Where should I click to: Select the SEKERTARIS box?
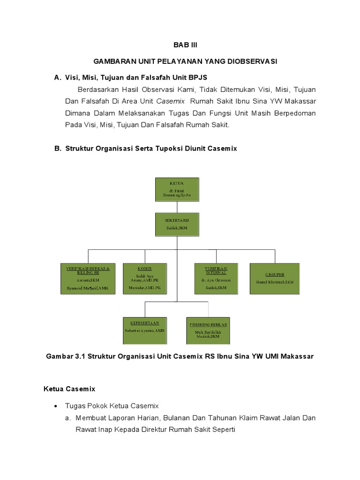coord(176,224)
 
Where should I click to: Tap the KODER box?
coord(145,278)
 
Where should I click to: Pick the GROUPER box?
coord(275,278)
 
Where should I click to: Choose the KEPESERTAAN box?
coord(144,330)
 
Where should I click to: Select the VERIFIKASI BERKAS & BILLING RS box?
coord(87,278)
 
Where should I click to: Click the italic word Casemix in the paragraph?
coord(170,101)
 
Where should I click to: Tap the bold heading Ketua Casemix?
coord(69,389)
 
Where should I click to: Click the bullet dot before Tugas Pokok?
coord(56,406)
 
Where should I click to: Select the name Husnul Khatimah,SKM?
coord(275,282)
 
